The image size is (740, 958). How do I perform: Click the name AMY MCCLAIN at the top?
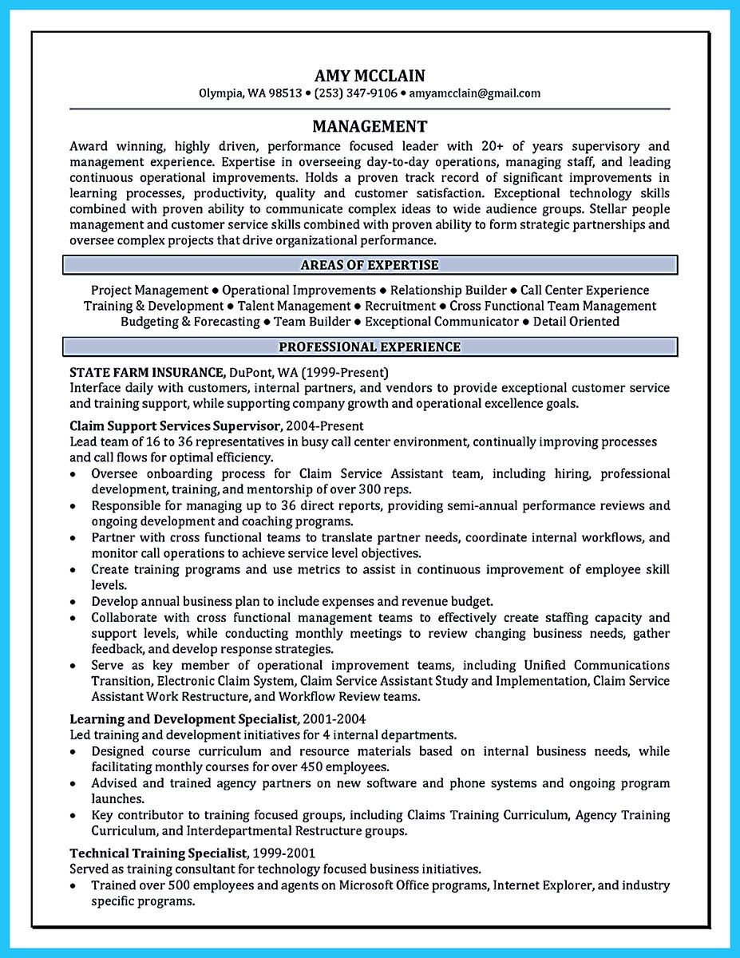370,76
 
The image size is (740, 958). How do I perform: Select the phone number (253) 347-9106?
355,93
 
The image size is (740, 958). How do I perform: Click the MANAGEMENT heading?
370,126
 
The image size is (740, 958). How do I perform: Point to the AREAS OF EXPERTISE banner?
370,265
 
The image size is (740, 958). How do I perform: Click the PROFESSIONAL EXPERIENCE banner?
370,346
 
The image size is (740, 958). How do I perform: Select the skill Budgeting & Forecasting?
190,322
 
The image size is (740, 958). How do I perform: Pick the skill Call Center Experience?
585,291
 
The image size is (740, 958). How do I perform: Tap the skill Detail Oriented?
576,322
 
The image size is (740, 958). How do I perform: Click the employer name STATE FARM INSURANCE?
147,372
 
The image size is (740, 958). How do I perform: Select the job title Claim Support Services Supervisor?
175,426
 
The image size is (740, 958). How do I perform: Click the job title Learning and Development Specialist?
184,719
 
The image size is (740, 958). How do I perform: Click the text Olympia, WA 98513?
250,93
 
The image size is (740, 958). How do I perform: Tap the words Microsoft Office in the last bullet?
378,885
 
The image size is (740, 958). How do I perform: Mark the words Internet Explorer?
542,885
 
